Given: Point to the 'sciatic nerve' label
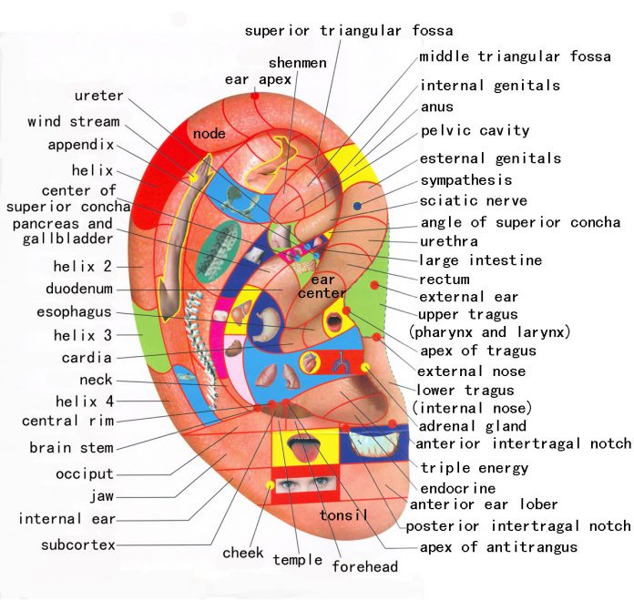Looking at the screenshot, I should coord(473,201).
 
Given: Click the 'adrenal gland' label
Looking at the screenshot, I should coord(472,426).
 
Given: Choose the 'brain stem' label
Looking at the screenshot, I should coord(71,448).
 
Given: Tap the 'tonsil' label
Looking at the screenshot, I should coord(343,516).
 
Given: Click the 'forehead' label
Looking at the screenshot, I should coord(364,566).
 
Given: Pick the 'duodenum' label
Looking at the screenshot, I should coord(78,290).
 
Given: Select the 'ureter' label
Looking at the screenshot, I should coord(99,96).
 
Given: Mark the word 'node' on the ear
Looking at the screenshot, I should coord(210,135).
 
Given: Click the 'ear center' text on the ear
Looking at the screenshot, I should coord(328,287).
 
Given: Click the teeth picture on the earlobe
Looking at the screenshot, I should coord(373,444).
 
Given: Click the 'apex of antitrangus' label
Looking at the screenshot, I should coord(497,548).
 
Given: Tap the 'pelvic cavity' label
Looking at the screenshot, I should coord(475,131).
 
